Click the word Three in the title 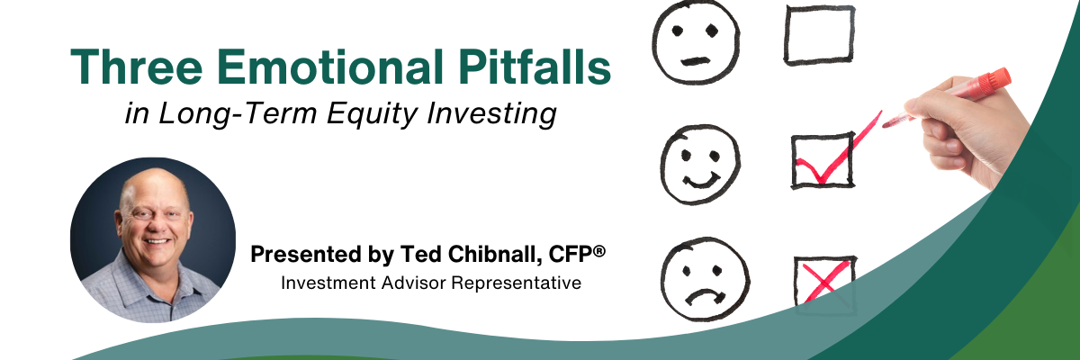coord(137,67)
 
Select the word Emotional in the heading coord(329,67)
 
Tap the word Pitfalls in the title coord(535,67)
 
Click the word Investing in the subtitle coord(491,114)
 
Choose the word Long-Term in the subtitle coord(238,112)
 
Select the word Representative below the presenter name coord(516,283)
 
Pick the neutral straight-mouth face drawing coord(696,42)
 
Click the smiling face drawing coord(700,164)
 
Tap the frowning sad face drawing coord(705,279)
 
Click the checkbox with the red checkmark coord(823,160)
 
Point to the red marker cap coord(994,79)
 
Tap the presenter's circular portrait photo coord(153,240)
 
